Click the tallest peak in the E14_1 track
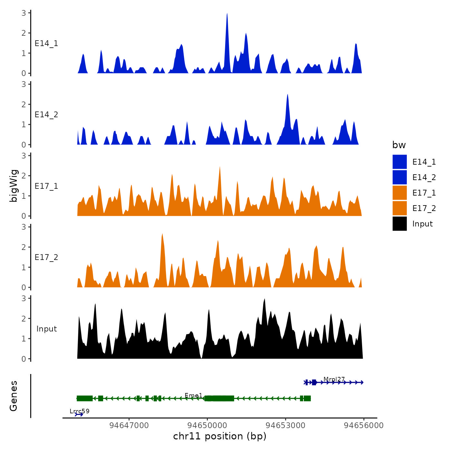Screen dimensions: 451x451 tap(227, 14)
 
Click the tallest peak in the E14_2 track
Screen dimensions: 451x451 tap(287, 95)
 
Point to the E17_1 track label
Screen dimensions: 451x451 tap(46, 186)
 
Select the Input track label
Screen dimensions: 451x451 tap(46, 329)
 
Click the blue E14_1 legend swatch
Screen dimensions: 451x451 tap(399, 162)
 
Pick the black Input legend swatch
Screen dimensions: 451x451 tap(399, 224)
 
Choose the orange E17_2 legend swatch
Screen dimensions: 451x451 tap(399, 208)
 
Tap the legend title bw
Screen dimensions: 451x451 tap(399, 145)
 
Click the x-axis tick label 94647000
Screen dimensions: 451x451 tap(129, 426)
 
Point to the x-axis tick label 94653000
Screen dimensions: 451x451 tap(285, 426)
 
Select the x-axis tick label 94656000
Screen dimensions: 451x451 tap(364, 426)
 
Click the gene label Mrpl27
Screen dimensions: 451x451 tap(334, 379)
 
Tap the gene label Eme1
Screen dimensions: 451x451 tap(194, 396)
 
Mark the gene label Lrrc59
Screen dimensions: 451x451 tap(80, 411)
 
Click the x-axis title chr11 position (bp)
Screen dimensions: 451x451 tap(220, 436)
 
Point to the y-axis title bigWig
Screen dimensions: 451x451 tap(14, 186)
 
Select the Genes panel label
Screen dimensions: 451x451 tap(14, 396)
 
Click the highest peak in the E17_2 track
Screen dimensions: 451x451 tap(162, 234)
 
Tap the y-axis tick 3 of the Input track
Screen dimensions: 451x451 tap(24, 298)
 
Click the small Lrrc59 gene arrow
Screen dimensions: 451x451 tap(79, 414)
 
